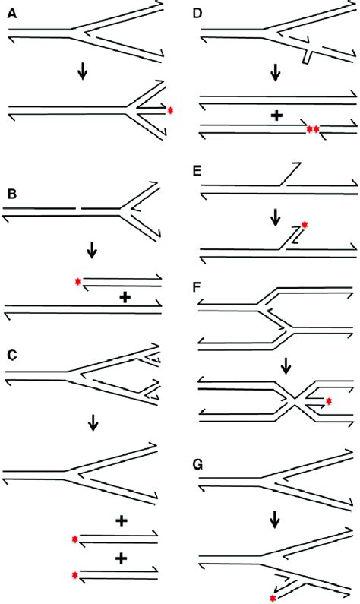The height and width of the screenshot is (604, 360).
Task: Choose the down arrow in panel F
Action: point(286,368)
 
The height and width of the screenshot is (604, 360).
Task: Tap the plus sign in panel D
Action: point(276,116)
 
